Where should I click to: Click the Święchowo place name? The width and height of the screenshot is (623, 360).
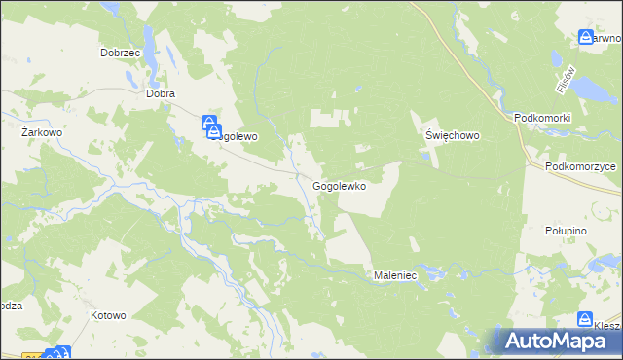(452, 136)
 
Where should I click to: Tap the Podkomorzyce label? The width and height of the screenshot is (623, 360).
(581, 166)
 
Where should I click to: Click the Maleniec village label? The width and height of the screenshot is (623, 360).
(395, 276)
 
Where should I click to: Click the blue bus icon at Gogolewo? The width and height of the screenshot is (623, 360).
(211, 125)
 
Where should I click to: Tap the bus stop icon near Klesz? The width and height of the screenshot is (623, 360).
(585, 319)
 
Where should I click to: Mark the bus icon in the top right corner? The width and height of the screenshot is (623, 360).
(586, 38)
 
